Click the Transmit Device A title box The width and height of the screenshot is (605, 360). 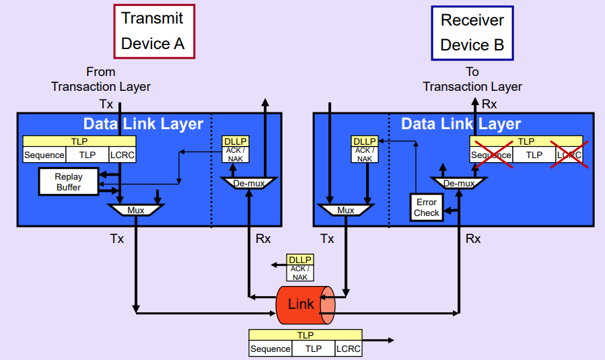pyautogui.click(x=153, y=32)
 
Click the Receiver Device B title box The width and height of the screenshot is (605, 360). pyautogui.click(x=472, y=32)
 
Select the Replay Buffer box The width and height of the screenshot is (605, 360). pyautogui.click(x=69, y=182)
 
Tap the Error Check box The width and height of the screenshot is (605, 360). pyautogui.click(x=426, y=207)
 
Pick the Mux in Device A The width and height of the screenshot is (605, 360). pyautogui.click(x=136, y=210)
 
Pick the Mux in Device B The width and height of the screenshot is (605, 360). pyautogui.click(x=346, y=210)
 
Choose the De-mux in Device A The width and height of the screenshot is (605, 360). pyautogui.click(x=249, y=182)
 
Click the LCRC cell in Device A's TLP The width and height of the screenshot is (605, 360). pyautogui.click(x=122, y=155)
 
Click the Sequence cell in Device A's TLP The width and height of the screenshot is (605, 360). pyautogui.click(x=44, y=155)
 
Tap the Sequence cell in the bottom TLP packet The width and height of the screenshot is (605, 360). pyautogui.click(x=271, y=349)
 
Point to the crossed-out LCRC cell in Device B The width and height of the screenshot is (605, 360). pyautogui.click(x=569, y=155)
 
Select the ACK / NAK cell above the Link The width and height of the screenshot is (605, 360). pyautogui.click(x=299, y=273)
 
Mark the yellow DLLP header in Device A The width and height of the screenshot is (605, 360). pyautogui.click(x=236, y=141)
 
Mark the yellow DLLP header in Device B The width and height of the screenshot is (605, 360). pyautogui.click(x=365, y=141)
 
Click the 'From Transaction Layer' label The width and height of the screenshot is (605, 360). pyautogui.click(x=101, y=79)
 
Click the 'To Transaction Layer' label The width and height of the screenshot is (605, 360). pyautogui.click(x=472, y=79)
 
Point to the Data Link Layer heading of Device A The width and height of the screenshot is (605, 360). pyautogui.click(x=143, y=124)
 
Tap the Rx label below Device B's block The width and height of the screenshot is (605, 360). pyautogui.click(x=473, y=238)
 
